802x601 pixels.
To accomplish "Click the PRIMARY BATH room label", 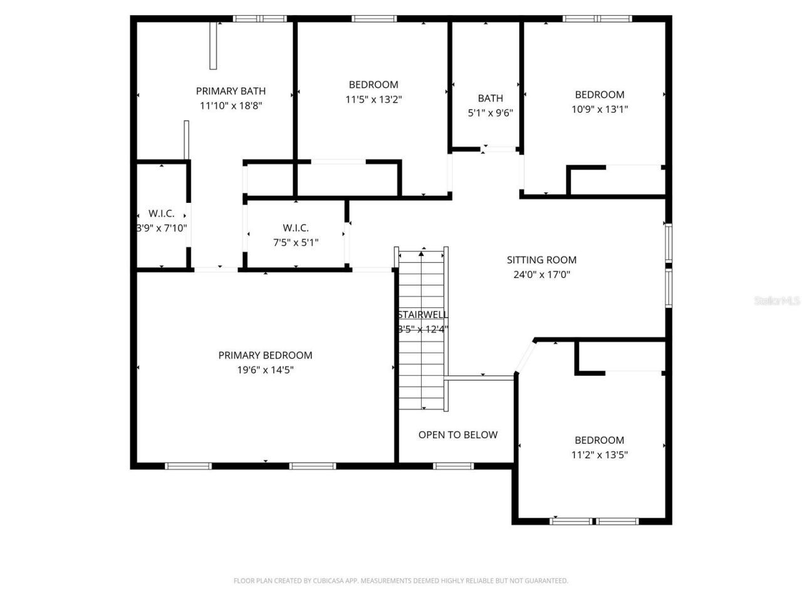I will coord(231,91).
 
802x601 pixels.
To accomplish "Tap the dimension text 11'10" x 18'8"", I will coord(231,106).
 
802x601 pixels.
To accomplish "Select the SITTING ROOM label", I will coord(541,260).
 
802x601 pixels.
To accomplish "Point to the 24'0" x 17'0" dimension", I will coord(541,274).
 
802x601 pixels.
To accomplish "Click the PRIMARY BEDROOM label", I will coord(265,355).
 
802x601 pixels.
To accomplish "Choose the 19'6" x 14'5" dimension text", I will coord(265,370).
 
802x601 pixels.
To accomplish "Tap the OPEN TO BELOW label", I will coord(457,435).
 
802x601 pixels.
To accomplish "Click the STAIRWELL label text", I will coord(422,315).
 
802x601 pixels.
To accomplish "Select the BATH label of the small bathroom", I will coord(490,98).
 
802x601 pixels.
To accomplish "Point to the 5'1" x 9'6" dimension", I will coord(490,113).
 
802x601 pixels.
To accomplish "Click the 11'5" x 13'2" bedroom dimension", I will coord(373,99).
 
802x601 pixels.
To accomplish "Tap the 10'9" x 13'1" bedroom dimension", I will coord(600,109).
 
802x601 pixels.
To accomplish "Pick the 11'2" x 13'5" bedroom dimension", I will coord(600,455).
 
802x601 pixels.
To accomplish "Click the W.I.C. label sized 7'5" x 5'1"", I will coord(296,228).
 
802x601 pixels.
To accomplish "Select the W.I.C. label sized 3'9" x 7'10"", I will coord(162,213).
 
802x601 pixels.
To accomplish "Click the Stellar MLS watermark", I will coord(777,301).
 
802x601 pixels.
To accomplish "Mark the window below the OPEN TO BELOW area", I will coord(454,466).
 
